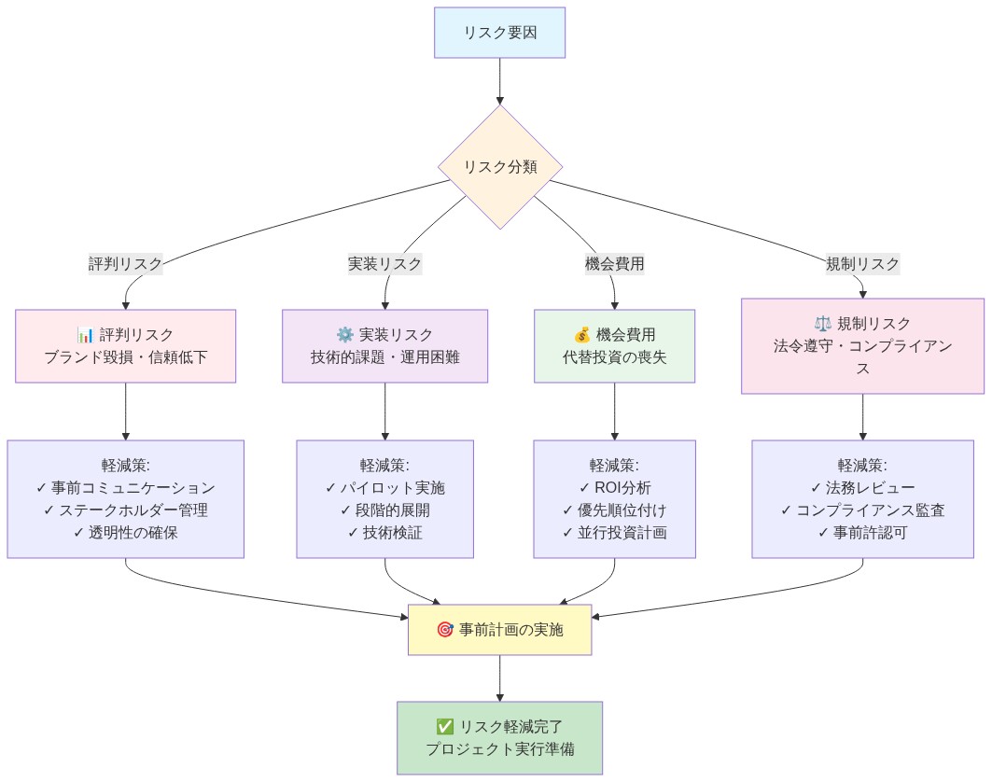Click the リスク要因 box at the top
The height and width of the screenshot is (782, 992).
499,33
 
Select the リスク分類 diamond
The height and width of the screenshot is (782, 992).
499,167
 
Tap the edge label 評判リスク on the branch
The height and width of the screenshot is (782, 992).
125,264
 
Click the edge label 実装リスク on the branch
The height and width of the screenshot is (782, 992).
384,264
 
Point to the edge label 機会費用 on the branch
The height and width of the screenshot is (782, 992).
614,264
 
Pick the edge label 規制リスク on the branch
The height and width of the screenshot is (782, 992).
862,264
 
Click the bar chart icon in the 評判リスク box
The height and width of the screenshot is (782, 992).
86,335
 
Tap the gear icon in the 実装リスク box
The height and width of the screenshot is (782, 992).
344,335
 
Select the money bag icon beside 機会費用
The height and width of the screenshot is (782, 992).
581,335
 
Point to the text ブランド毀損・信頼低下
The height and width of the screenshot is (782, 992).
125,357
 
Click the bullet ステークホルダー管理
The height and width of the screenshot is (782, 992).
125,510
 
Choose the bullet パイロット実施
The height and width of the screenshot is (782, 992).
384,488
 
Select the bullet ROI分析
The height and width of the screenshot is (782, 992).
614,488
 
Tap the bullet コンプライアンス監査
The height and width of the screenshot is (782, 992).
862,510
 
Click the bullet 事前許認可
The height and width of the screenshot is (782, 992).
862,533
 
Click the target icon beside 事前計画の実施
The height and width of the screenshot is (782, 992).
445,630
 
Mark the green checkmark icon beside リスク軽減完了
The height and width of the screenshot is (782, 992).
445,727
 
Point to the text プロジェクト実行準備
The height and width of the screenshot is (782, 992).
499,749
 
